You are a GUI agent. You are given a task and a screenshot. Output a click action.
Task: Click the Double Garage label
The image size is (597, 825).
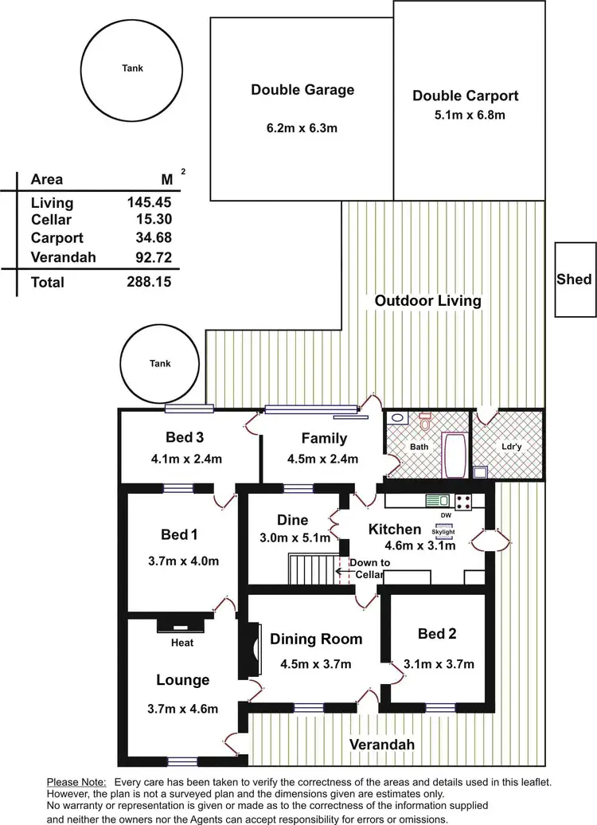point(302,90)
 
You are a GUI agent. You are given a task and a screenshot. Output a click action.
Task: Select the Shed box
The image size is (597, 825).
point(574,279)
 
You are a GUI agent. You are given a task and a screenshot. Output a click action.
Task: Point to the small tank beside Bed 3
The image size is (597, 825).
point(160,364)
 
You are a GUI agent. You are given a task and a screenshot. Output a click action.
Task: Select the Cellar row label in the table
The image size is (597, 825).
point(52,219)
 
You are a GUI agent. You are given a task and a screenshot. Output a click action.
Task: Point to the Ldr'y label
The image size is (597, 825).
point(509,447)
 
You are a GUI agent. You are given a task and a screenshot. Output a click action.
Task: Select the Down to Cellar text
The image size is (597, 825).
point(369,569)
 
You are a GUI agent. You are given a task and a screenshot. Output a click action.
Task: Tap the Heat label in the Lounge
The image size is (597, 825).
point(182,643)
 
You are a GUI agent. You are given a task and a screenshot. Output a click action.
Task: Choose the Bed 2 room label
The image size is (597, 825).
point(437,634)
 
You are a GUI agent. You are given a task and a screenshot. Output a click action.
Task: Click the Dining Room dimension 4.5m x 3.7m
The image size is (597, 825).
point(316,663)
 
